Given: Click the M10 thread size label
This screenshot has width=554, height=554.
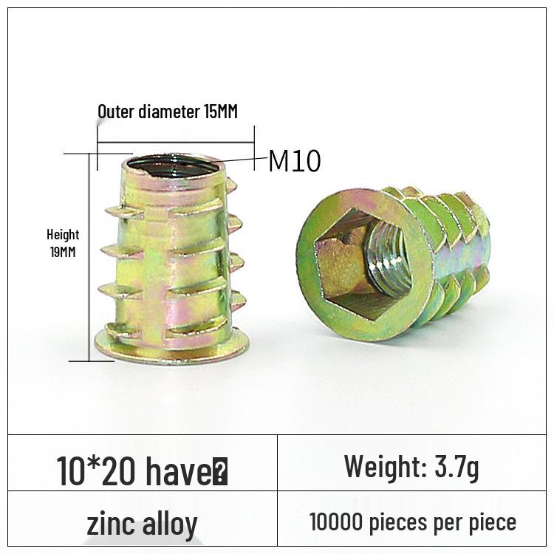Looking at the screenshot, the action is pos(295,161).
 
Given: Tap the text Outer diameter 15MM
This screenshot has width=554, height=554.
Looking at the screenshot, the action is pos(168,112).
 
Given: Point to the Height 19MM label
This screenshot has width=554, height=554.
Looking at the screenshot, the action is pos(63,243).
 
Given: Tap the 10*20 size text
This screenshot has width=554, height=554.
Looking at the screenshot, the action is pos(96,471).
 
